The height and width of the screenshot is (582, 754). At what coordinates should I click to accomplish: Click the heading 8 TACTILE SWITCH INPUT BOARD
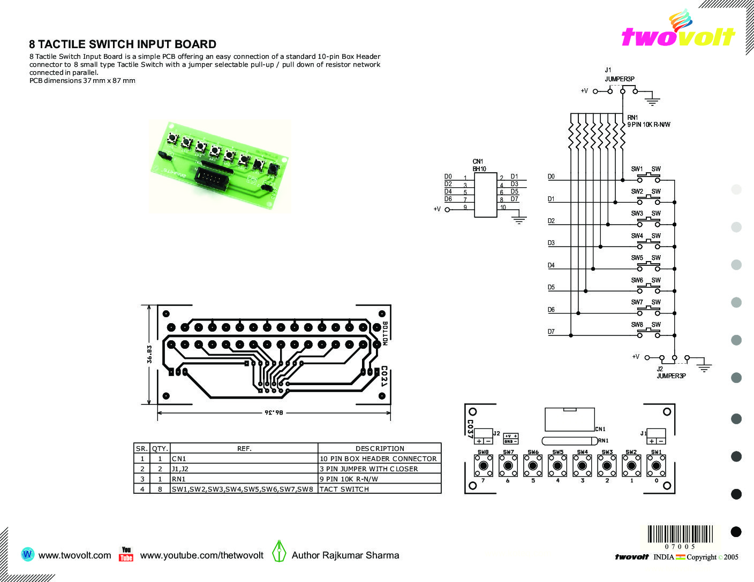point(123,44)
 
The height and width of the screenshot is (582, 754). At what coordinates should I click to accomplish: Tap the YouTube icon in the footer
point(126,555)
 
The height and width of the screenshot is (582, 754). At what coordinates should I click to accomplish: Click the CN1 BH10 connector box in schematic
point(485,195)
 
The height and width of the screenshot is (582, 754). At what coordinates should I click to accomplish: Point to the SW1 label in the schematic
point(637,169)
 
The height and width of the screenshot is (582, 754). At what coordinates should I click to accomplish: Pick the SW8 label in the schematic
point(637,325)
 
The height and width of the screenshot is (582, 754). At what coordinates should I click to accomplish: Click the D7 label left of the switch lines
point(551,332)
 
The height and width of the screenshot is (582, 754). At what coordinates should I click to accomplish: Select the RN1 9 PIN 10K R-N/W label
point(649,121)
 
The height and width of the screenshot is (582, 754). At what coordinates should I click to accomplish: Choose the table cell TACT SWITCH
point(344,489)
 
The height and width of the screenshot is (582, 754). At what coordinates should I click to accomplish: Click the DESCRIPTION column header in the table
point(380,448)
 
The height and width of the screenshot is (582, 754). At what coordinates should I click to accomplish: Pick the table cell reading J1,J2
point(180,469)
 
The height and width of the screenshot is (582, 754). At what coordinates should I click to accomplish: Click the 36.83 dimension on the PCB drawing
point(150,354)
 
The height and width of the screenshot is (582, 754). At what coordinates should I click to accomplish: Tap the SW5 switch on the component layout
point(557,465)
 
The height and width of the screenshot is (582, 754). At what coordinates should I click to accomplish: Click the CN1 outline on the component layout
point(569,419)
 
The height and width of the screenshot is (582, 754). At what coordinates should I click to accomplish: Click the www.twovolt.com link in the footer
point(75,555)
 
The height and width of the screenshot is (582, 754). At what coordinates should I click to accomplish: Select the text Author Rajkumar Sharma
point(345,555)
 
